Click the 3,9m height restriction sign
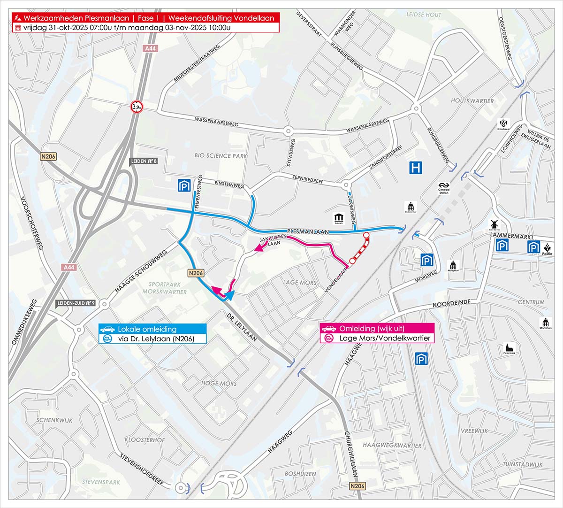tap(137, 108)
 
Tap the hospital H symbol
tap(415, 168)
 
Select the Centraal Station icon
tap(444, 187)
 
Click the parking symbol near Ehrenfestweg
tap(183, 185)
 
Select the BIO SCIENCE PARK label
tap(221, 155)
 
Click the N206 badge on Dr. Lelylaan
tap(196, 273)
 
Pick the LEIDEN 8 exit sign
tap(143, 162)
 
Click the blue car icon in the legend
tap(107, 329)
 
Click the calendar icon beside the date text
tap(18, 27)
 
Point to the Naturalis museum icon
tap(339, 218)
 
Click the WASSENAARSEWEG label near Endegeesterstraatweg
tap(217, 122)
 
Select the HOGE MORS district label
tap(219, 384)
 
